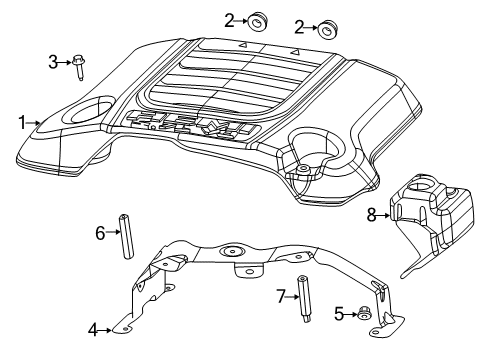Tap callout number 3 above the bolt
54,64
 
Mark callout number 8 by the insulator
372,213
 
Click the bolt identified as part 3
79,66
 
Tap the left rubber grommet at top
258,20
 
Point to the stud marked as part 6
127,236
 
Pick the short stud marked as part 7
301,298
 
